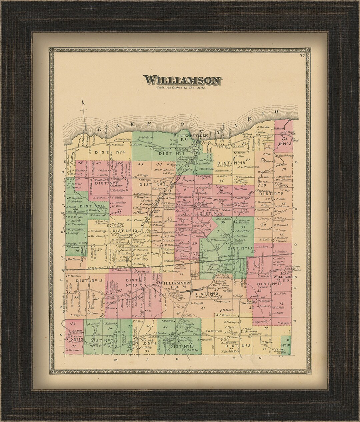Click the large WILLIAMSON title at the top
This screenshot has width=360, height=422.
click(x=182, y=80)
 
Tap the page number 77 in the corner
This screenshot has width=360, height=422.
click(x=302, y=56)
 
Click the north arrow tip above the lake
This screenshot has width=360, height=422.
click(x=84, y=102)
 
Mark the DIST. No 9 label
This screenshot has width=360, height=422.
click(x=271, y=193)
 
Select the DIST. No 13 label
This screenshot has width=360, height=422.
click(x=239, y=248)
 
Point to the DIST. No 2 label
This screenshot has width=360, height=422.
click(x=206, y=294)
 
